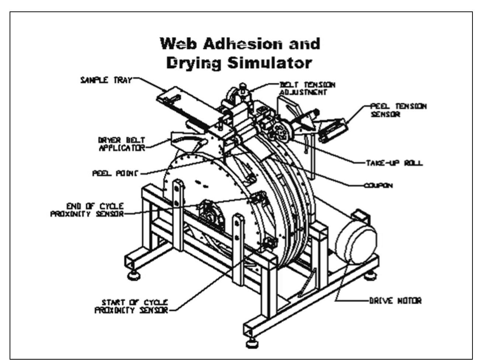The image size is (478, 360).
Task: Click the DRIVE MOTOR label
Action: point(395,301)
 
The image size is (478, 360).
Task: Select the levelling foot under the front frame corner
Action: point(252,345)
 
